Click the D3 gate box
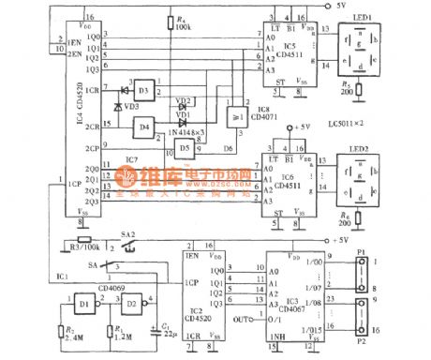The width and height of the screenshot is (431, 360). (142, 91)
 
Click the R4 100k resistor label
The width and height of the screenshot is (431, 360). (185, 25)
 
